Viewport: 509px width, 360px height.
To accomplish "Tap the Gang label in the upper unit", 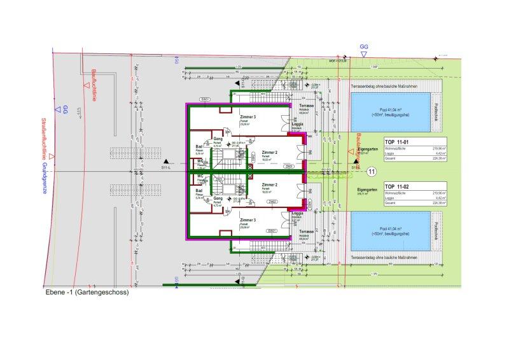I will tap(218, 138).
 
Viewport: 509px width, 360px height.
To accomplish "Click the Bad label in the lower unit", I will tap(199, 191).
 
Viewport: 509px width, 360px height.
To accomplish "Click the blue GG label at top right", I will tap(364, 47).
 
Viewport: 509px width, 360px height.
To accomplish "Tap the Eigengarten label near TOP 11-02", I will tap(360, 190).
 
